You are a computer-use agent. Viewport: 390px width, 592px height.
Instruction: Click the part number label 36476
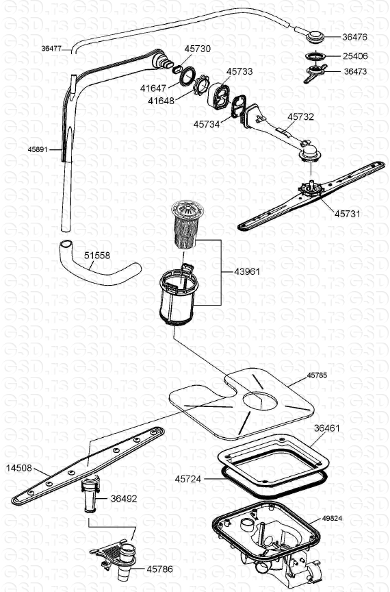pyautogui.click(x=354, y=37)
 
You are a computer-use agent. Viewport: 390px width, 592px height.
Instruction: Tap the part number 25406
pyautogui.click(x=355, y=56)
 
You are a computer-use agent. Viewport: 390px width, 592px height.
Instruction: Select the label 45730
pyautogui.click(x=197, y=49)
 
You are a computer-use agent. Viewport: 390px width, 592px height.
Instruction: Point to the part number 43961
pyautogui.click(x=247, y=271)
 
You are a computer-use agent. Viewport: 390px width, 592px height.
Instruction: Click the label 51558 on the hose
pyautogui.click(x=97, y=255)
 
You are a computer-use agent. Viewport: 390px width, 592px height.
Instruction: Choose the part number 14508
pyautogui.click(x=19, y=468)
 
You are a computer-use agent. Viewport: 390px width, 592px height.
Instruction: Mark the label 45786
pyautogui.click(x=159, y=569)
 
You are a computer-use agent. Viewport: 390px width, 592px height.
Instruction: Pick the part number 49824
pyautogui.click(x=332, y=518)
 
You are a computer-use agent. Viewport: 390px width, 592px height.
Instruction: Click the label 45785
pyautogui.click(x=317, y=375)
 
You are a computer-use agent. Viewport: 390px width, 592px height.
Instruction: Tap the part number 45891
pyautogui.click(x=38, y=149)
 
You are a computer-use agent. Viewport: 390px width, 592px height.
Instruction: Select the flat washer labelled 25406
pyautogui.click(x=315, y=56)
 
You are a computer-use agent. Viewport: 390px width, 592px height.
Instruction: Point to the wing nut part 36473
pyautogui.click(x=315, y=73)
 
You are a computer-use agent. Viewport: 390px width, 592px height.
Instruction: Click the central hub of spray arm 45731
pyautogui.click(x=311, y=188)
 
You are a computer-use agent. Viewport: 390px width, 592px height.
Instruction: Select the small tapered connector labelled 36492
pyautogui.click(x=91, y=494)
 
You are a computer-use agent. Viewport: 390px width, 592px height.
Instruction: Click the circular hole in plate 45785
pyautogui.click(x=261, y=401)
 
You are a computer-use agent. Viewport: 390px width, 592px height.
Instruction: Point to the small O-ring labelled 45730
pyautogui.click(x=177, y=69)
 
